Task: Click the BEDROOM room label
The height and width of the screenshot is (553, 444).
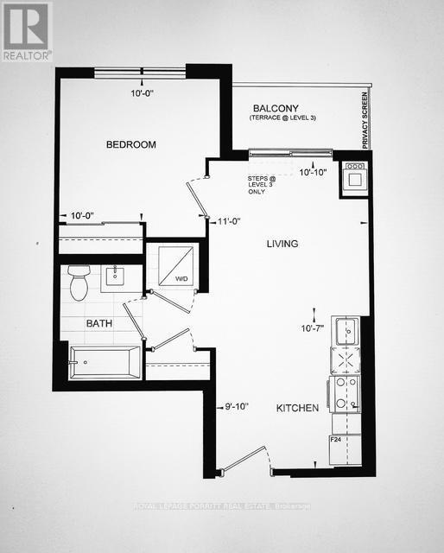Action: tap(130, 145)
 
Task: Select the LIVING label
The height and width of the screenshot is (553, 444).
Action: tap(281, 245)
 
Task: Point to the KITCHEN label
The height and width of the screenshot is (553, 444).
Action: tap(297, 408)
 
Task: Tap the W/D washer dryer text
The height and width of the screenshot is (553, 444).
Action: tap(181, 279)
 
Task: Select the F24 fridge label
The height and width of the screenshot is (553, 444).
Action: tap(337, 440)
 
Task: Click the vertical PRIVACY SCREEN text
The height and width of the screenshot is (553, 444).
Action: tap(365, 120)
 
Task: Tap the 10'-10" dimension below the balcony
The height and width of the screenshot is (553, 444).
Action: tap(313, 173)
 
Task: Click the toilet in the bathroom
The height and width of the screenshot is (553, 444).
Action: tap(79, 283)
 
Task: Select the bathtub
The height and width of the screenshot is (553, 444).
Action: tap(104, 362)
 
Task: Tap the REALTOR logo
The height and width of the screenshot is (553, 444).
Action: tap(26, 31)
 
